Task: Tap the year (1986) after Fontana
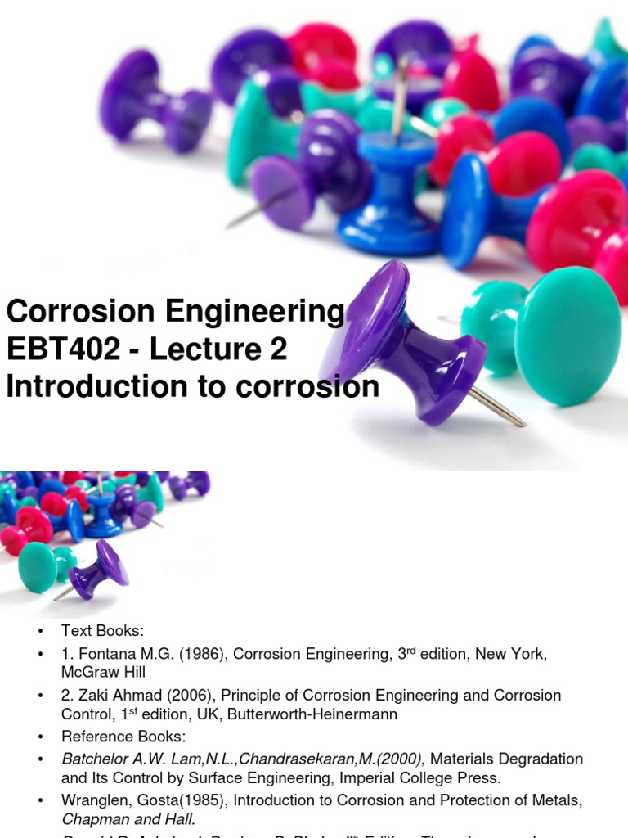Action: [168, 654]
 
